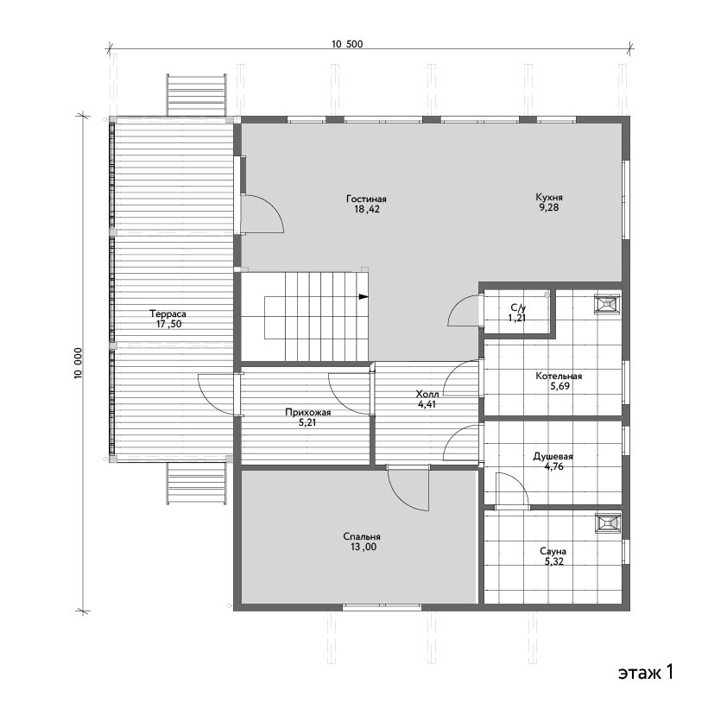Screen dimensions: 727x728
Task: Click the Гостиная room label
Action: [x=366, y=199]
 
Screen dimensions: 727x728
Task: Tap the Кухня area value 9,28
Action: [x=549, y=207]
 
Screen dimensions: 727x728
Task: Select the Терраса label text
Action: [x=168, y=313]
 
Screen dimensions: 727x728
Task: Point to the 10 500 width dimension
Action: [x=347, y=44]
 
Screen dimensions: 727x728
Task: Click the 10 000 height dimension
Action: [x=78, y=363]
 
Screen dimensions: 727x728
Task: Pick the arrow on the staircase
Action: [x=363, y=297]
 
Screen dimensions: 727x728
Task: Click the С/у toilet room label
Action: [x=518, y=307]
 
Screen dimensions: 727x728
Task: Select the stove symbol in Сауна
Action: [x=608, y=522]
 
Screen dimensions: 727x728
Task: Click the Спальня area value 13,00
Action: [x=363, y=547]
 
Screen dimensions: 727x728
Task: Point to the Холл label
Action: [x=427, y=395]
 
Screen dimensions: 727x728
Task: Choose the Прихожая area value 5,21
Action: [x=307, y=423]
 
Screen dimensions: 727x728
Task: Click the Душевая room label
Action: [x=553, y=456]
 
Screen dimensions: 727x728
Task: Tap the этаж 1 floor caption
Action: [x=645, y=672]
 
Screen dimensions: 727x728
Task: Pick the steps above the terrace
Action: [x=197, y=95]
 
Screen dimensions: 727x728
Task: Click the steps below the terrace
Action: [x=197, y=483]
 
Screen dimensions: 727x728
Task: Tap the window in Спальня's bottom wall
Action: [x=382, y=606]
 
